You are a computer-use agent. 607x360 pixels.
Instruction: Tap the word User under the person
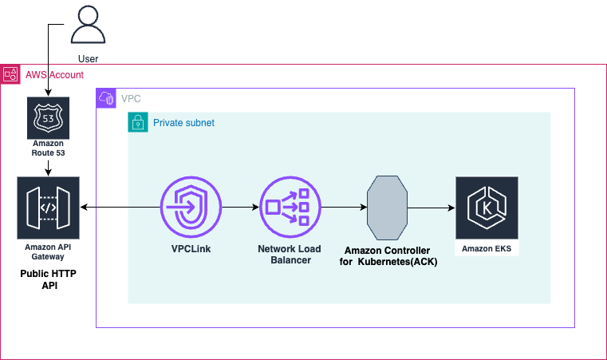[89, 58]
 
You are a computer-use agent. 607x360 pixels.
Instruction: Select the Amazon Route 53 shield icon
[49, 117]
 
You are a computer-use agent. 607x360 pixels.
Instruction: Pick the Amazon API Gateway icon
[49, 207]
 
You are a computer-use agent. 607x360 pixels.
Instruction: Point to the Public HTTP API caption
[49, 279]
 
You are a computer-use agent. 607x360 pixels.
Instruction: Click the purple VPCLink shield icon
[191, 207]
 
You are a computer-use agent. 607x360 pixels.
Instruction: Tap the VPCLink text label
[191, 249]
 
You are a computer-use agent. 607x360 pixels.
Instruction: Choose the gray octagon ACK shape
[387, 208]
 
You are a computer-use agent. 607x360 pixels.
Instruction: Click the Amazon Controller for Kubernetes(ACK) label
[387, 256]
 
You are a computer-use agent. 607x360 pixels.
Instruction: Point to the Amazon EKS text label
[487, 249]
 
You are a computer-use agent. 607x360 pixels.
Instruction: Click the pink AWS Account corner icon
[10, 74]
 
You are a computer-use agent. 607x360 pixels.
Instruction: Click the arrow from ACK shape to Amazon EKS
[430, 208]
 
